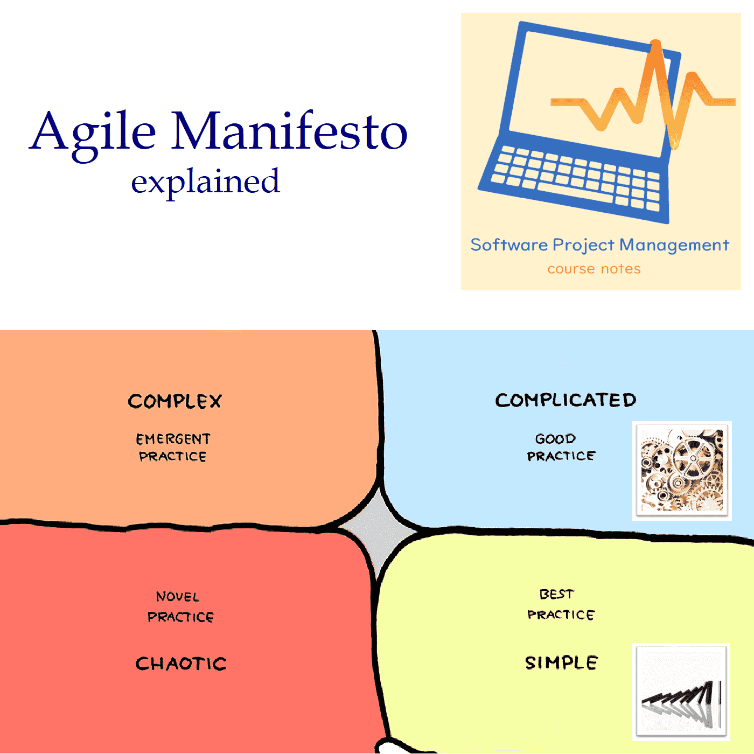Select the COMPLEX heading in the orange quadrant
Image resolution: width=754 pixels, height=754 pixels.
click(x=175, y=401)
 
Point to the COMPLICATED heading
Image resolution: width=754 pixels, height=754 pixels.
click(x=565, y=400)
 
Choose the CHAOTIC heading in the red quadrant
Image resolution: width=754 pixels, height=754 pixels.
click(x=181, y=664)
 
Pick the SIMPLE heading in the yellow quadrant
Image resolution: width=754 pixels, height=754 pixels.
click(x=561, y=662)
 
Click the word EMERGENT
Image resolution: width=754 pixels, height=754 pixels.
click(x=173, y=439)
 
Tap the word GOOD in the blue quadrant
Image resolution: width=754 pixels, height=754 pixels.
click(x=555, y=438)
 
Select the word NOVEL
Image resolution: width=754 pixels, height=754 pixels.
click(x=178, y=597)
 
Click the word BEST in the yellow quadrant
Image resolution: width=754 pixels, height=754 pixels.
click(x=556, y=595)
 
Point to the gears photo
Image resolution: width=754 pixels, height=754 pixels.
click(x=682, y=471)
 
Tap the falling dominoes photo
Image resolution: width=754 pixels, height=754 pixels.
click(x=681, y=692)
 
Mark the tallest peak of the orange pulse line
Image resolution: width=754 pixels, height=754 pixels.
click(x=656, y=41)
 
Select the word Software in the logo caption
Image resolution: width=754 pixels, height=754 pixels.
click(x=509, y=245)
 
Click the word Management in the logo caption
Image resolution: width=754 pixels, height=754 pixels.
click(x=674, y=246)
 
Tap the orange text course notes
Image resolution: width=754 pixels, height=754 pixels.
click(x=594, y=269)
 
